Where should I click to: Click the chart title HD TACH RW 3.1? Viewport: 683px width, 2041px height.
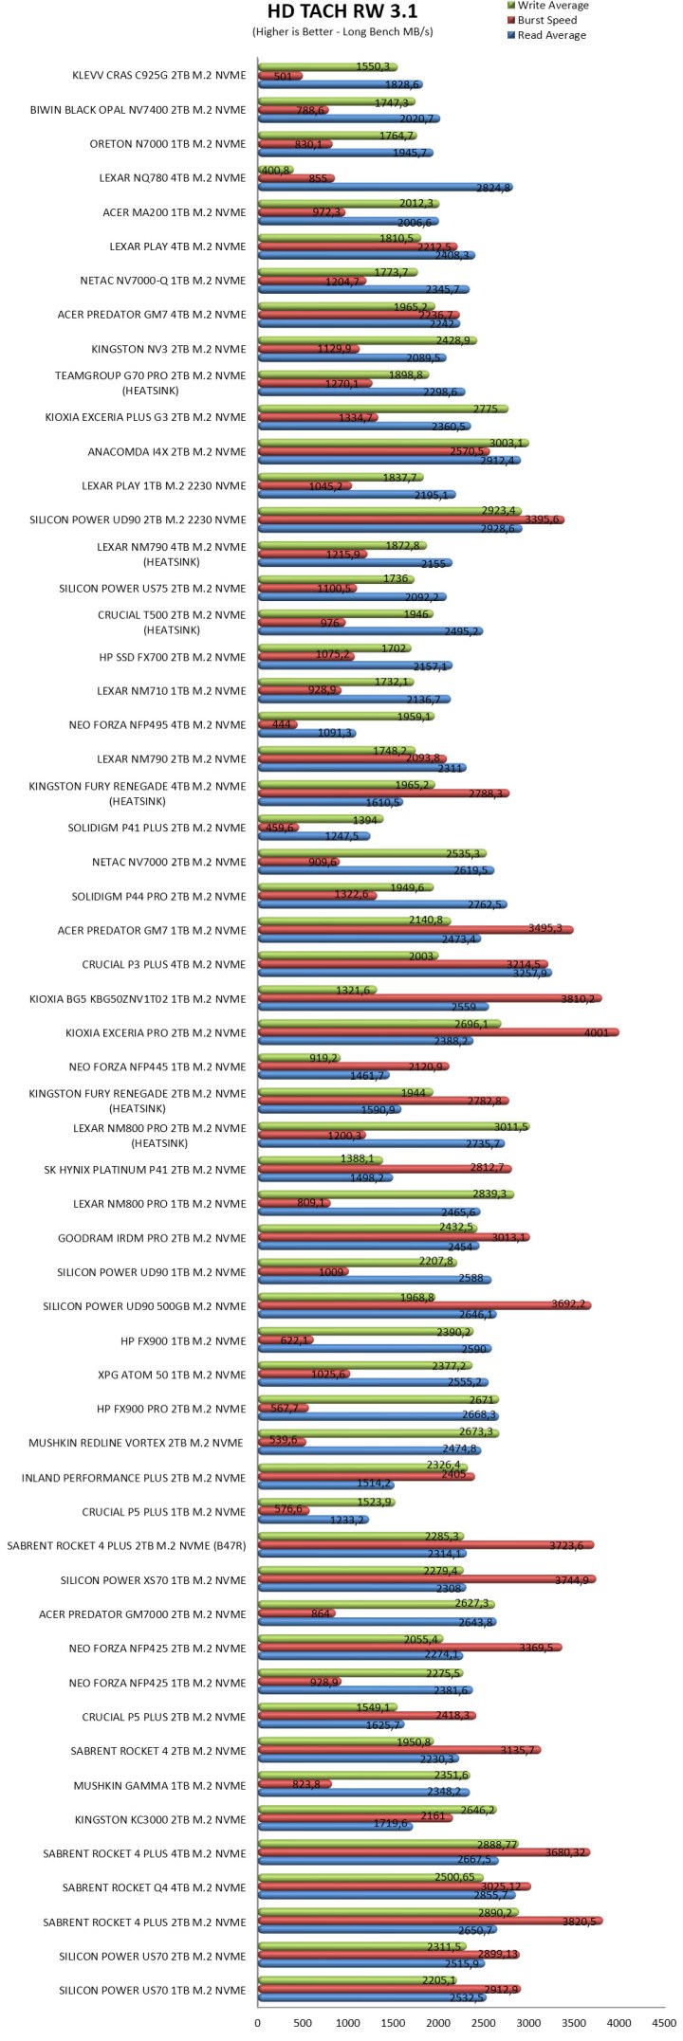coord(342,11)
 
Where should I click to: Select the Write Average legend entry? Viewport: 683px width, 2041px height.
coord(552,6)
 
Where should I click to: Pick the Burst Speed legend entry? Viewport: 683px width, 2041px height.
coord(546,20)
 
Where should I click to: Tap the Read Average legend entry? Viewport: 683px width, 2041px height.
coord(551,35)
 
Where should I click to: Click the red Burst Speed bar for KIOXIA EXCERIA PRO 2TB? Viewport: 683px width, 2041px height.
coord(436,1032)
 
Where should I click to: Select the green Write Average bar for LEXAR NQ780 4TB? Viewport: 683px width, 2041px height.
coord(275,170)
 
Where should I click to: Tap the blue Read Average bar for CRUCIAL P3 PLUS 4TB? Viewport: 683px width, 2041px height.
coord(403,973)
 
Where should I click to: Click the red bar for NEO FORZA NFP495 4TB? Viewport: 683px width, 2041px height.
coord(277,725)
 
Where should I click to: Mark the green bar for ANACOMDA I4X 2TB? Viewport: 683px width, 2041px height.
coord(392,443)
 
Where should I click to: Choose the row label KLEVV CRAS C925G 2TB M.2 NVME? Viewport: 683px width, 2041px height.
coord(158,76)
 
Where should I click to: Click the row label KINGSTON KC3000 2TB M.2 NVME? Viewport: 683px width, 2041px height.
coord(160,1819)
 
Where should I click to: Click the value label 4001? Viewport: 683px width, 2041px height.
coord(597,1032)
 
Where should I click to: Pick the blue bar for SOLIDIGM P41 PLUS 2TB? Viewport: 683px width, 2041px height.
coord(313,836)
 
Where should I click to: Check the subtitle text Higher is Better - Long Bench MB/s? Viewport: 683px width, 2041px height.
coord(342,31)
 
